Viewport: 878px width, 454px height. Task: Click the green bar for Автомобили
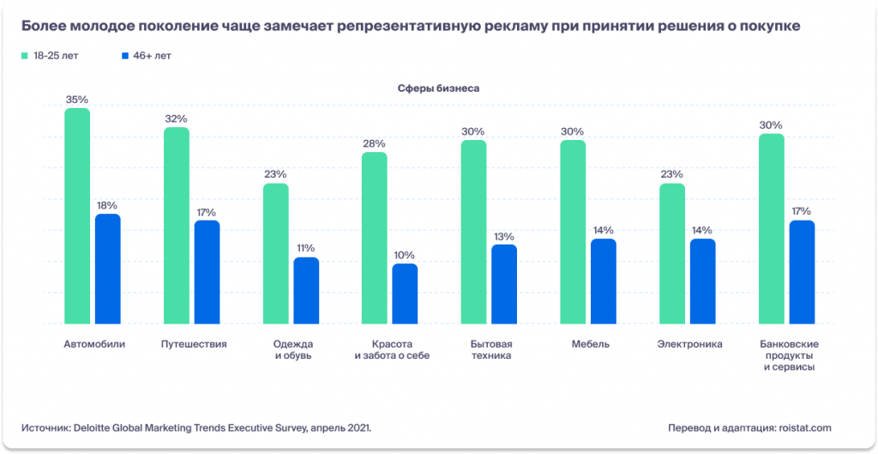pyautogui.click(x=77, y=215)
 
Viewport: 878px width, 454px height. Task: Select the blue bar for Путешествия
pyautogui.click(x=207, y=271)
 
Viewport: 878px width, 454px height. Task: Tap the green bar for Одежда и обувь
pyautogui.click(x=275, y=253)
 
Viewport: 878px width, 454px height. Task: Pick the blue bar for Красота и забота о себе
pyautogui.click(x=405, y=293)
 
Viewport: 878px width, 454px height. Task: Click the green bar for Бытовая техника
pyautogui.click(x=473, y=232)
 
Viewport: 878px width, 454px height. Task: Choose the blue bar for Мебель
pyautogui.click(x=604, y=281)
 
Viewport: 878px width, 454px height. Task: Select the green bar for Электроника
pyautogui.click(x=672, y=253)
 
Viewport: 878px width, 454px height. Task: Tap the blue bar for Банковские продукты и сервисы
pyautogui.click(x=802, y=271)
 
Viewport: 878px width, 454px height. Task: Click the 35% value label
pyautogui.click(x=77, y=100)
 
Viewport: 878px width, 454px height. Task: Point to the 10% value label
pyautogui.click(x=405, y=255)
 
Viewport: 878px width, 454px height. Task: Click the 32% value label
pyautogui.click(x=177, y=118)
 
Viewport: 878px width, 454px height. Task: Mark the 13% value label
pyautogui.click(x=504, y=236)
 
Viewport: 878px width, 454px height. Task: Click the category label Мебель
pyautogui.click(x=590, y=344)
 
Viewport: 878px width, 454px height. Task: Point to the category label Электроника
pyautogui.click(x=689, y=344)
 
